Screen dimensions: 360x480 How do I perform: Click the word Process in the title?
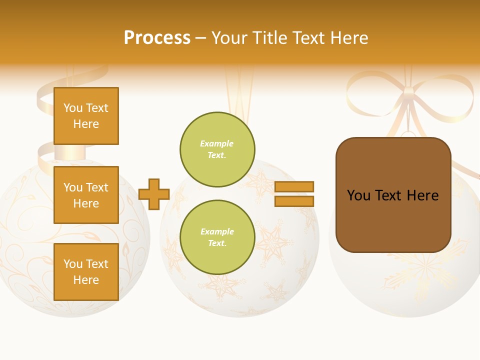[157, 38]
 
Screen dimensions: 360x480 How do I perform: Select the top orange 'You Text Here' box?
[86, 116]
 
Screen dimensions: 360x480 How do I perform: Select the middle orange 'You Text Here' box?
[86, 195]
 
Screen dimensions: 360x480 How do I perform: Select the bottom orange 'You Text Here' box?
[86, 271]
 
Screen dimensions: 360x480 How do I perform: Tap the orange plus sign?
[154, 193]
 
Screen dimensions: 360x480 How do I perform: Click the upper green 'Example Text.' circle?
[217, 149]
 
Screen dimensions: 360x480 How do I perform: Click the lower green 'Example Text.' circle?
[217, 237]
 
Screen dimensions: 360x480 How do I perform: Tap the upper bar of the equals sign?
[294, 186]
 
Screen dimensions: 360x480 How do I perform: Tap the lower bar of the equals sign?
[294, 201]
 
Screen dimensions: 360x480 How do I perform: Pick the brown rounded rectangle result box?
[393, 220]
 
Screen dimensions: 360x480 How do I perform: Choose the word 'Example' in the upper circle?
[217, 143]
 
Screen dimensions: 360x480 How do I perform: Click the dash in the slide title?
[201, 38]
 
